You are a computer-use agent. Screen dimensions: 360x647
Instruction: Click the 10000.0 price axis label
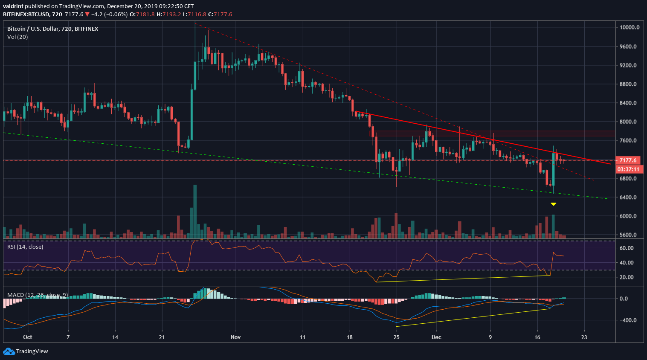point(629,27)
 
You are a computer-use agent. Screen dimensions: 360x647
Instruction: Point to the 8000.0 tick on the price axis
point(628,122)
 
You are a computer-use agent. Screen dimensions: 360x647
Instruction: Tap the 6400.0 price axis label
point(628,197)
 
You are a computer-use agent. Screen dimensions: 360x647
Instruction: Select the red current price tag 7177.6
point(628,160)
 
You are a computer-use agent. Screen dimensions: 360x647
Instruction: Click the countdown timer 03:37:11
point(628,169)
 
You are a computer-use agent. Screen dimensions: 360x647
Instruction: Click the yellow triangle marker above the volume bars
point(553,204)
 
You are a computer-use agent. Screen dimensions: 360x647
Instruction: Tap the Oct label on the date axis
point(28,337)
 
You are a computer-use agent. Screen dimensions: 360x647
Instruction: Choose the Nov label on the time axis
point(235,337)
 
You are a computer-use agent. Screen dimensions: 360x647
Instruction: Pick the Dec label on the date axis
point(436,337)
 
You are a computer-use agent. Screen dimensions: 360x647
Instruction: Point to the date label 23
point(584,337)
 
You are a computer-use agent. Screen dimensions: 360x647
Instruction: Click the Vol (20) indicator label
point(17,37)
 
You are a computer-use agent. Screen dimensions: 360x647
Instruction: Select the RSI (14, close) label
point(25,247)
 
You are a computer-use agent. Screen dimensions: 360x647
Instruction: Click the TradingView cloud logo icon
point(9,351)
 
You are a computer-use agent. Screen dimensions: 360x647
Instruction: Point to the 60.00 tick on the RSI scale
point(627,248)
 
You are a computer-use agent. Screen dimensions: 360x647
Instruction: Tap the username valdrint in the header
point(13,6)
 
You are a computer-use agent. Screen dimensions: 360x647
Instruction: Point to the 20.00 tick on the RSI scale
point(627,277)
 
